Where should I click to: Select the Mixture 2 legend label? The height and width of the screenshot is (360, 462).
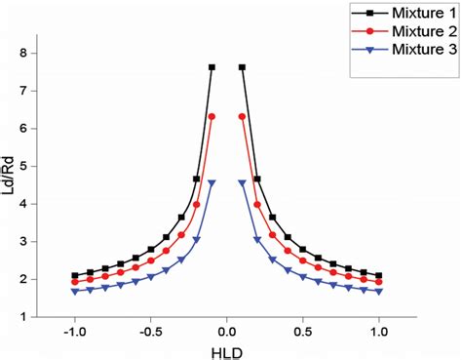408,32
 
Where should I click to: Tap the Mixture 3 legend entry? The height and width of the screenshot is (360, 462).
408,49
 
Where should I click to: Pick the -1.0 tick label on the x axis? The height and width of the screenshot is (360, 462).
74,331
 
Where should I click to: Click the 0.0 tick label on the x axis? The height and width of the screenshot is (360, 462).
226,331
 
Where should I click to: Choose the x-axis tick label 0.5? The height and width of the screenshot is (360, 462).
303,331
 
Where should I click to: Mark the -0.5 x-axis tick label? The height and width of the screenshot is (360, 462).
150,331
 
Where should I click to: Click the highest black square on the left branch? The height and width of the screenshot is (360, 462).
212,67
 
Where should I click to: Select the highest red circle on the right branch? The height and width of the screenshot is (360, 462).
242,116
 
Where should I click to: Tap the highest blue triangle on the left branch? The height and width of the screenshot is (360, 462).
212,182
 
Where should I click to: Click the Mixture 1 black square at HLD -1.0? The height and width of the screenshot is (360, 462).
75,275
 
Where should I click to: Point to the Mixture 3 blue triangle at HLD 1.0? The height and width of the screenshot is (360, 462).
379,291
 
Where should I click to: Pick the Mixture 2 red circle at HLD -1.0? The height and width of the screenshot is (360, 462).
75,282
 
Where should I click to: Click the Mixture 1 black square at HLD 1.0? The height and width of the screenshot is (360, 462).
379,275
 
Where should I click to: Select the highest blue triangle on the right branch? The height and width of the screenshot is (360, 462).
242,182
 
